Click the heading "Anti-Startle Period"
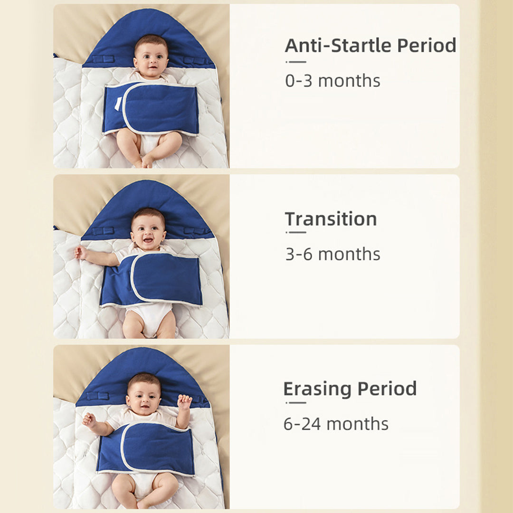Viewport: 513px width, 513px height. [370, 46]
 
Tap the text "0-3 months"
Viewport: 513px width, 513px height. [332, 81]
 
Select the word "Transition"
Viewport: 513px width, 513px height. [331, 219]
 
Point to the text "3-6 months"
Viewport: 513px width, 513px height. [332, 254]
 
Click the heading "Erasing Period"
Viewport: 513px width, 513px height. [350, 389]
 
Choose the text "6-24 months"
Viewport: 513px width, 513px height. [336, 424]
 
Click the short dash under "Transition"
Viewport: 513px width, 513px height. [296, 232]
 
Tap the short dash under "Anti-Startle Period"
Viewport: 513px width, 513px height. [296, 62]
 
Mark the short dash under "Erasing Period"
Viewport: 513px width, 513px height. [296, 402]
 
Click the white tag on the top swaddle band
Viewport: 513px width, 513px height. [118, 104]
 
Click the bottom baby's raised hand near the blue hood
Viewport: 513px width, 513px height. [184, 402]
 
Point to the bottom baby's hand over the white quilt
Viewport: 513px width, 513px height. [89, 419]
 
